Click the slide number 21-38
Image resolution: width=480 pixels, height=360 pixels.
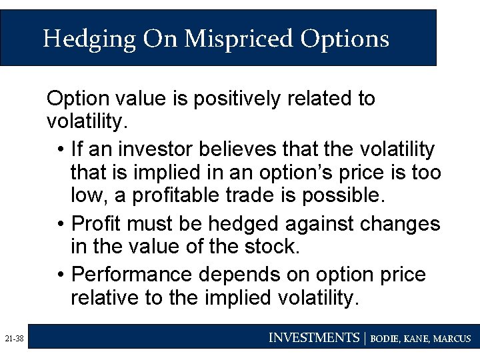point(13,339)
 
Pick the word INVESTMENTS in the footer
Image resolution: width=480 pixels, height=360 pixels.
point(313,338)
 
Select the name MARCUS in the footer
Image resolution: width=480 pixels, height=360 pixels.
point(453,339)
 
